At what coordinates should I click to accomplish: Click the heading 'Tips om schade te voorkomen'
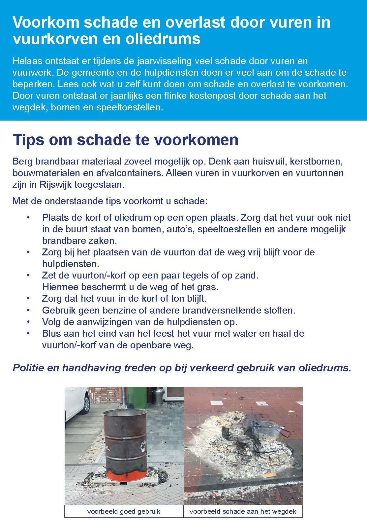(x=125, y=140)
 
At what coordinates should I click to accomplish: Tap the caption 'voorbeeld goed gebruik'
(x=124, y=511)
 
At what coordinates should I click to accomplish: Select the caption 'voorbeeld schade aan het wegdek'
(x=243, y=511)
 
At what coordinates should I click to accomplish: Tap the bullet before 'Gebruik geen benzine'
(x=28, y=311)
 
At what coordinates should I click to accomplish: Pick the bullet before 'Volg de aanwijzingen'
(x=28, y=322)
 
